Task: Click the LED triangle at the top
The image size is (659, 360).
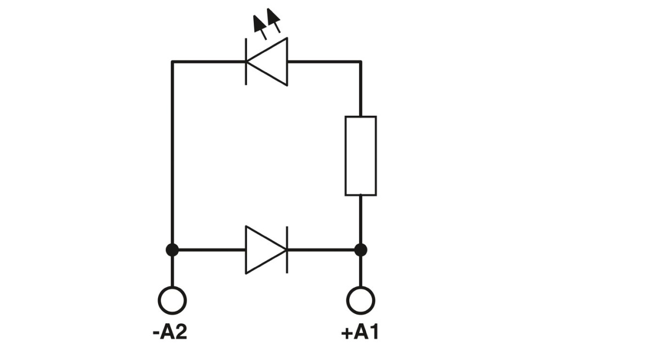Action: (x=270, y=62)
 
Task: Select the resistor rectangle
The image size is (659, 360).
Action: (x=360, y=156)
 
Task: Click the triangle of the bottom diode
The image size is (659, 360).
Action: (x=264, y=250)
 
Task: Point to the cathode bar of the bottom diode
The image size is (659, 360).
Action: (x=287, y=250)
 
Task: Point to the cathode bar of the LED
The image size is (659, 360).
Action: (x=245, y=62)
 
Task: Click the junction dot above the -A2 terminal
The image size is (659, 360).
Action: (x=172, y=250)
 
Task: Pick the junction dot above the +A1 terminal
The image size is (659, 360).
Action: (x=360, y=250)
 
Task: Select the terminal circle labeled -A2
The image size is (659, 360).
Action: (x=172, y=300)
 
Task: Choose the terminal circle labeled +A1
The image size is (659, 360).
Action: (x=360, y=300)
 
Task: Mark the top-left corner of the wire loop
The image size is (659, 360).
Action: (x=172, y=62)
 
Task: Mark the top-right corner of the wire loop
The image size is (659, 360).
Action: (x=360, y=62)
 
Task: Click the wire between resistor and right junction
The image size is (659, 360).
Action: (x=360, y=220)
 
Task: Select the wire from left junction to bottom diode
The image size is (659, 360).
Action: (x=209, y=250)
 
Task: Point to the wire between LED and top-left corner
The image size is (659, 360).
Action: (x=209, y=62)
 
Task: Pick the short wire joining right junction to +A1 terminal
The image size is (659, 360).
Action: (x=360, y=271)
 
